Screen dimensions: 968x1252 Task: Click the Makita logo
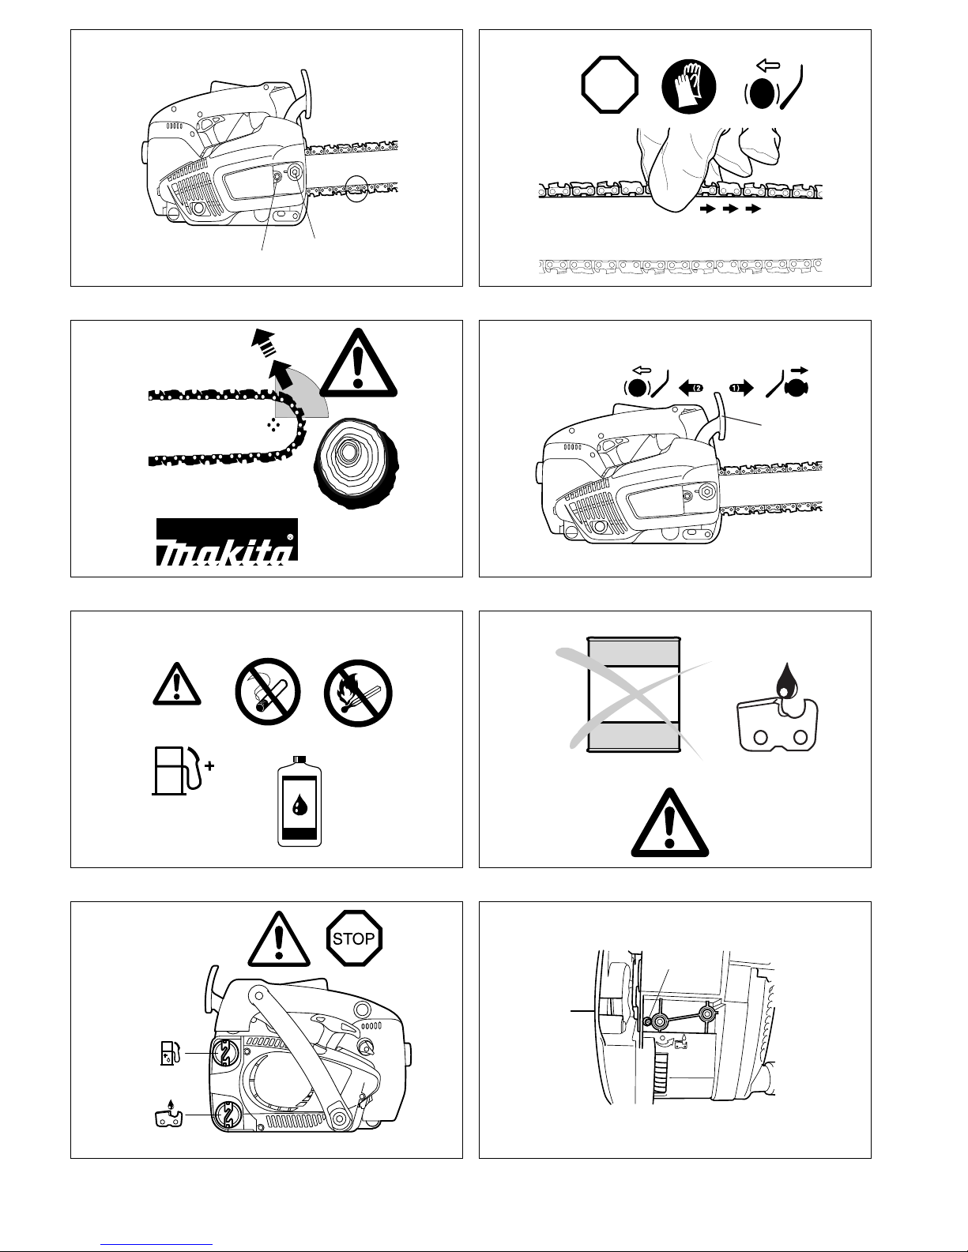[227, 542]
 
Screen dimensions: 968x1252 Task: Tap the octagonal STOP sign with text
[354, 938]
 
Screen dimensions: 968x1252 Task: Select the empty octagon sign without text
[609, 85]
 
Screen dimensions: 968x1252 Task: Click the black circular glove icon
[688, 86]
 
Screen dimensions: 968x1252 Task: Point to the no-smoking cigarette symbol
[268, 692]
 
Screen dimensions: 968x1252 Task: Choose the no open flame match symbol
[358, 693]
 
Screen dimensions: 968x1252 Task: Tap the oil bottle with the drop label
[299, 801]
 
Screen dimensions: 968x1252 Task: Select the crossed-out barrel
[634, 694]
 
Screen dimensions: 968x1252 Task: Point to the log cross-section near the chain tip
[356, 463]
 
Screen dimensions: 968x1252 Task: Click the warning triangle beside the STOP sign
[279, 939]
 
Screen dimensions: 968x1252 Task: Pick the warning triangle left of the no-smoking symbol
[177, 684]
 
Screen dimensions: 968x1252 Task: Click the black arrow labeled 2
[691, 388]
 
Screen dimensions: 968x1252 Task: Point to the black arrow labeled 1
[741, 388]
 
